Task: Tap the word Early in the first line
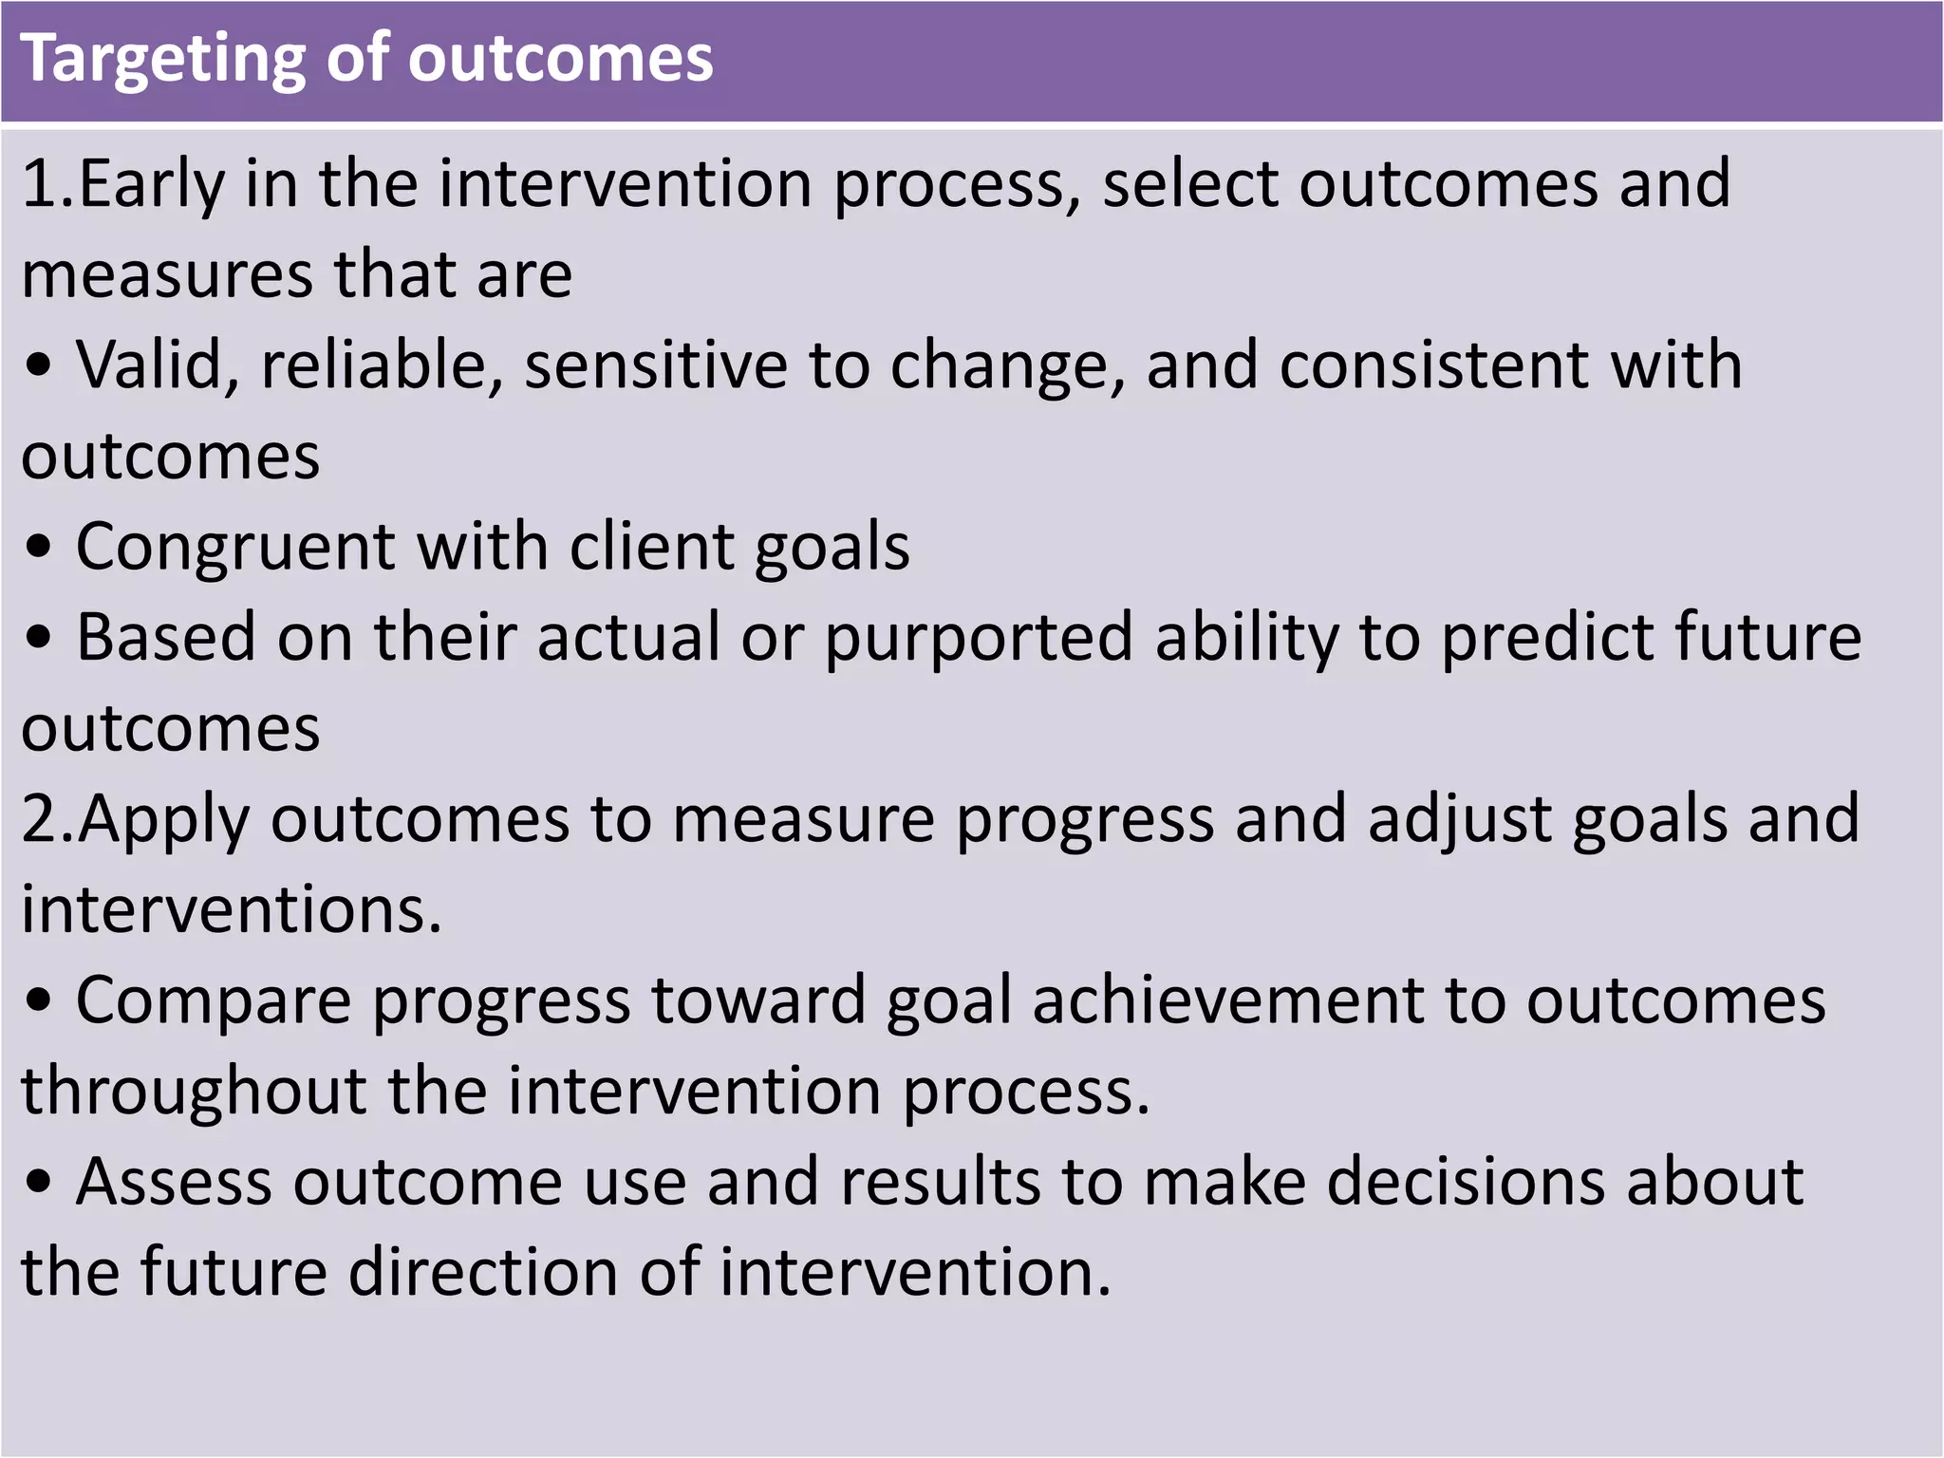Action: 152,185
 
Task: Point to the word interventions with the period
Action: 232,909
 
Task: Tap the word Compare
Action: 214,1002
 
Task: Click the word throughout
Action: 194,1092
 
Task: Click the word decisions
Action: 1466,1183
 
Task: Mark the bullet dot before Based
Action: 38,640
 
